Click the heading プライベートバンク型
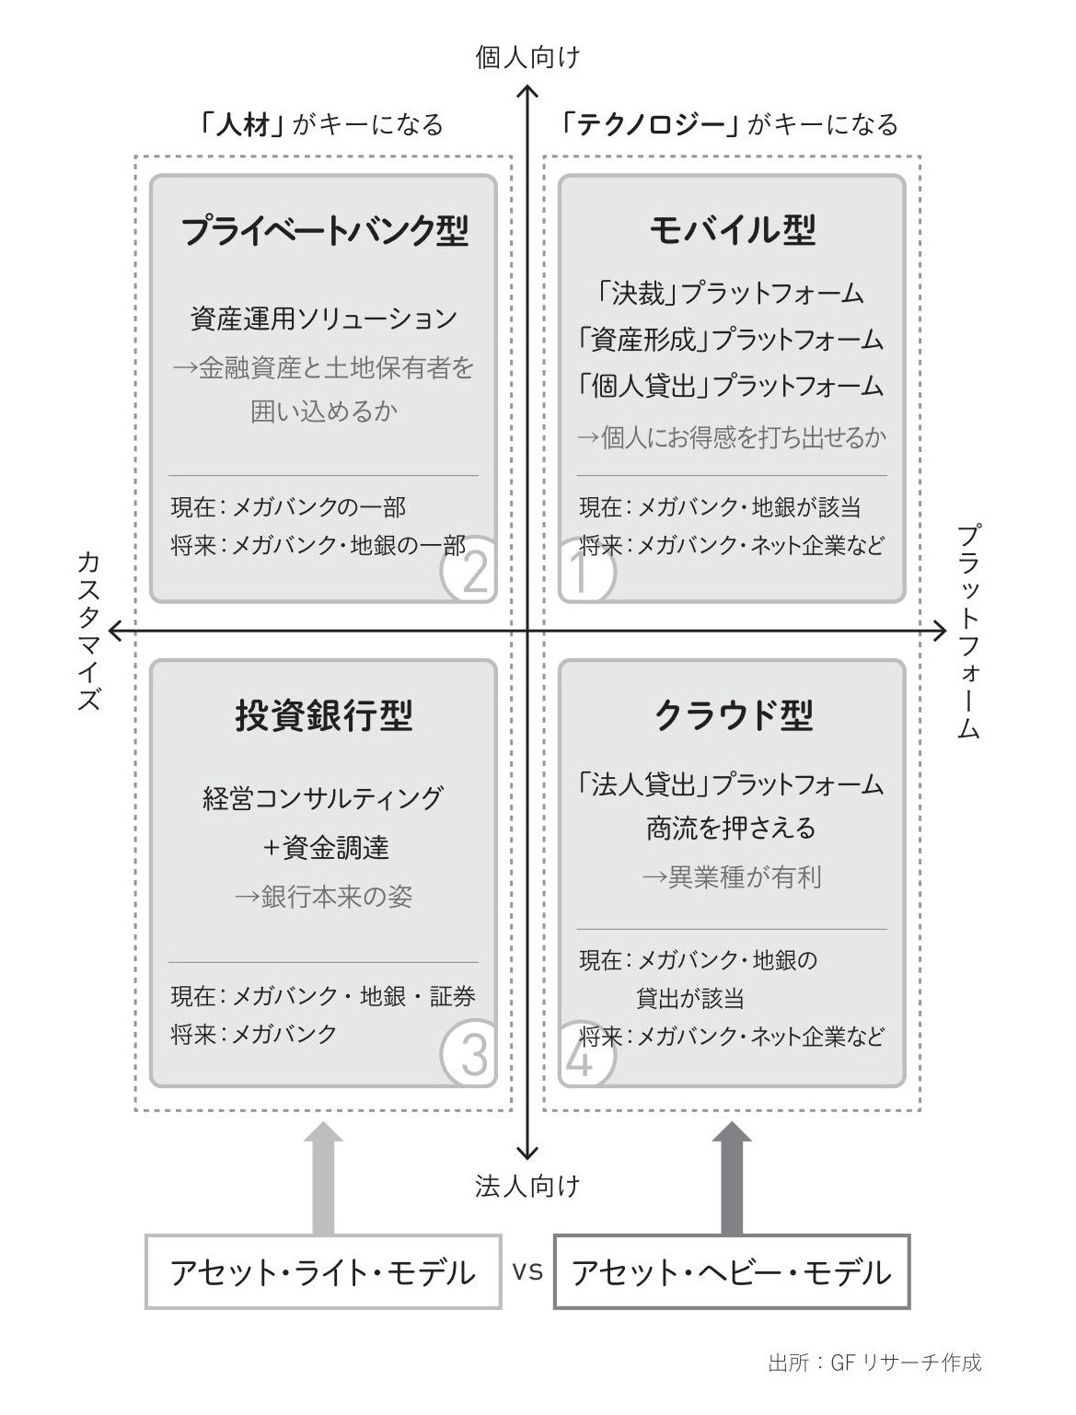coord(324,230)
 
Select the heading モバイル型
coord(733,230)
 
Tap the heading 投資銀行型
coord(324,715)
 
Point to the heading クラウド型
coord(733,715)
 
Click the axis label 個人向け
coord(527,58)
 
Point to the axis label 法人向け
coord(527,1186)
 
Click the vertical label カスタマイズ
coord(87,631)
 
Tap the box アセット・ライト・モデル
coord(323,1272)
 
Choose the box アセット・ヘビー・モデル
coord(732,1272)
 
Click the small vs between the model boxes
coord(527,1271)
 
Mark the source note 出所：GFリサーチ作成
coord(874,1363)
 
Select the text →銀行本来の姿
coord(324,897)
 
